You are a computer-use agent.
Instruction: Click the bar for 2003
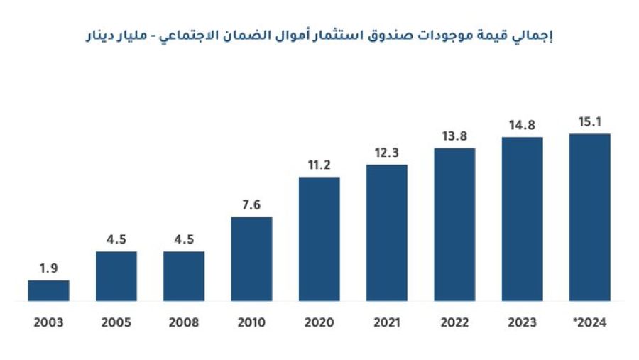coord(48,290)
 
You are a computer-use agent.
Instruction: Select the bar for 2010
coord(251,258)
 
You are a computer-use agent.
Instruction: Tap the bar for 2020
coord(319,239)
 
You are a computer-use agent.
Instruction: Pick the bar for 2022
coord(454,224)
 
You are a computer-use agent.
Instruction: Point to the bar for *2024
coord(589,217)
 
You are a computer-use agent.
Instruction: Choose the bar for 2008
coord(184,276)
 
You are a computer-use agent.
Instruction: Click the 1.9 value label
coord(48,269)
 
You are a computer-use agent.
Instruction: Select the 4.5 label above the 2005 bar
coord(116,239)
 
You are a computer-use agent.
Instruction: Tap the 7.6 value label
coord(251,205)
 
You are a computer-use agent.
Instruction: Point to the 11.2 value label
coord(319,165)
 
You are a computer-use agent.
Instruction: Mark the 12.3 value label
coord(387,153)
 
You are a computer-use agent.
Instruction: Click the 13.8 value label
coord(454,136)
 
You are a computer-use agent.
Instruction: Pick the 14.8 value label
coord(522,126)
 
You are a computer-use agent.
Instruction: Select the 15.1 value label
coord(589,122)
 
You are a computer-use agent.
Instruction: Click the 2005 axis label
coord(116,322)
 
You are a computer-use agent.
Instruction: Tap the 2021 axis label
coord(387,322)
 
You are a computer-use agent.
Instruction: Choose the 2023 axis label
coord(522,322)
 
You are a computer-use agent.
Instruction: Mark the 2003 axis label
coord(48,322)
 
